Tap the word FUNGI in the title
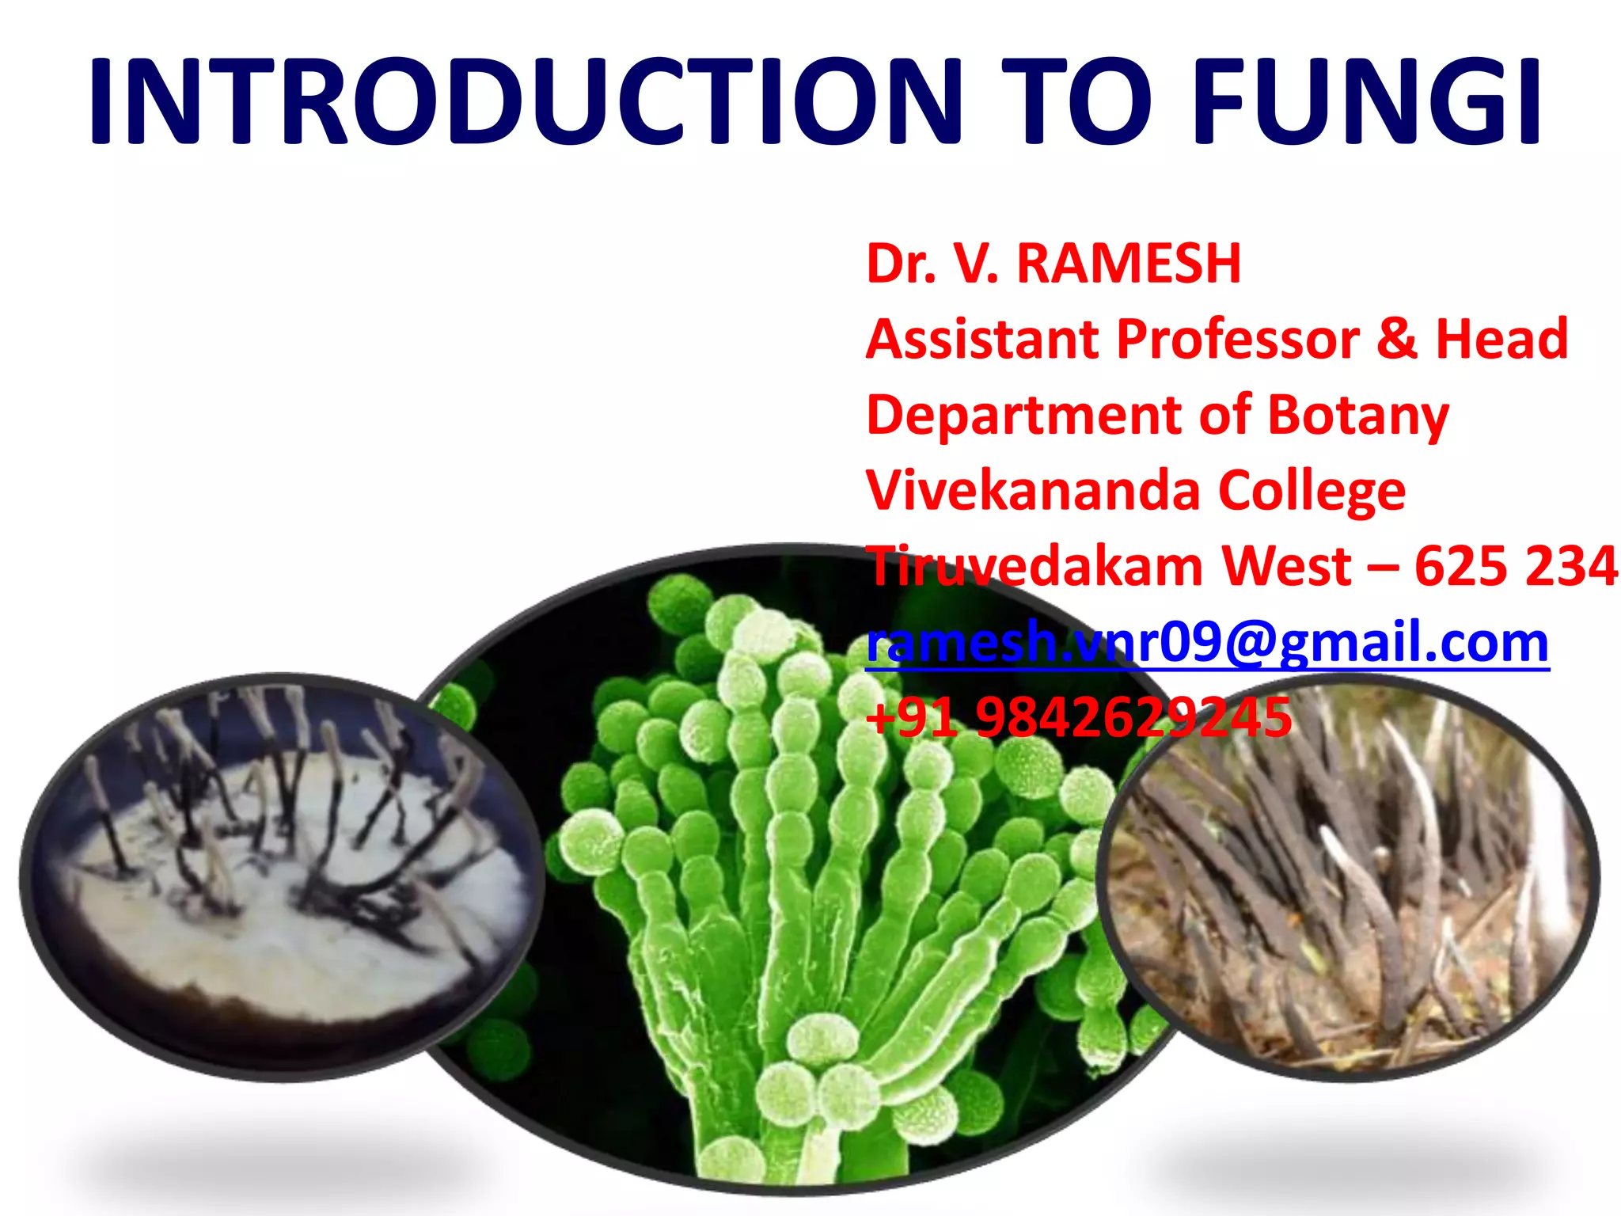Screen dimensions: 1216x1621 [1366, 101]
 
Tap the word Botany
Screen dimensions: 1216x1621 [1358, 415]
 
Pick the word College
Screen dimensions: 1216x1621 [1312, 491]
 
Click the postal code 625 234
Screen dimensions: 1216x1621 [1516, 566]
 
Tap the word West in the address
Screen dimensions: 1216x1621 [1286, 566]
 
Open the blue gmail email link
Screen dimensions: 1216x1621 [1207, 642]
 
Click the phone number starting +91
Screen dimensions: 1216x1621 [1079, 717]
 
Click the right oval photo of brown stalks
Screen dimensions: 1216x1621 [1350, 879]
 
